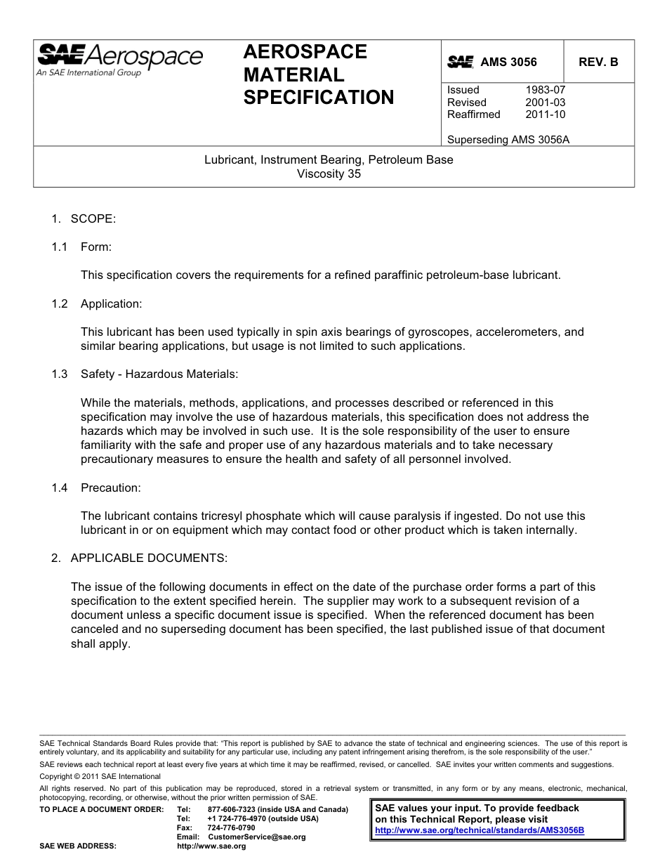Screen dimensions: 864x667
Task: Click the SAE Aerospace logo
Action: (119, 60)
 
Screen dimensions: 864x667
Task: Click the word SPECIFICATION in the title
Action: (319, 98)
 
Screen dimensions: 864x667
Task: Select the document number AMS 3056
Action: (508, 62)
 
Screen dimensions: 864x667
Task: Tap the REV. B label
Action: (598, 62)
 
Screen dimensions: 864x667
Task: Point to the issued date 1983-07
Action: (545, 90)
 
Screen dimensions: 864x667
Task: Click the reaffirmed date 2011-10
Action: (545, 114)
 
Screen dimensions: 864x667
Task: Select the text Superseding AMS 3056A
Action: (508, 139)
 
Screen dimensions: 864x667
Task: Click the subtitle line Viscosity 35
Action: (329, 174)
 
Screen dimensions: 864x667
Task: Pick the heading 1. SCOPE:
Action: (83, 218)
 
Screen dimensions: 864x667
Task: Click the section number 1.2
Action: (59, 303)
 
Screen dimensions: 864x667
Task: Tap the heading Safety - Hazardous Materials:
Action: (159, 374)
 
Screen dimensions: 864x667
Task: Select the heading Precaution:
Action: (110, 487)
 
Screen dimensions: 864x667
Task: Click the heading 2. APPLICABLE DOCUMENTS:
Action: (139, 558)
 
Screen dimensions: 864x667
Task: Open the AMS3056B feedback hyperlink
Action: (480, 830)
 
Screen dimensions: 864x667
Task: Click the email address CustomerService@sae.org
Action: (257, 837)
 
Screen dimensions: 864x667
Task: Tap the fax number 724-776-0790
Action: (231, 828)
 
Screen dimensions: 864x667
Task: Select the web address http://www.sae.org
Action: (211, 846)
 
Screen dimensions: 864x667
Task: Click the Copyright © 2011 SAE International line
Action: (100, 776)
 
